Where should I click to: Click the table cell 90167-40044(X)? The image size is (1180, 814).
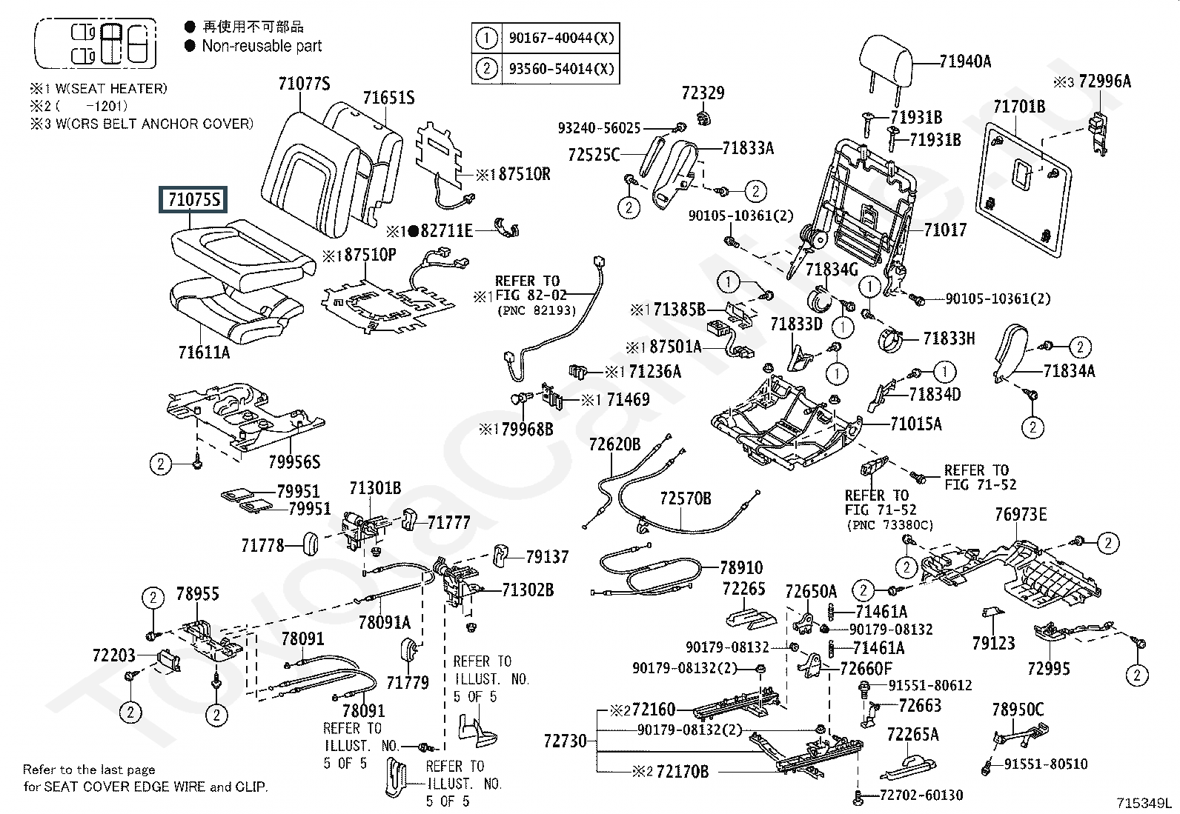tap(561, 38)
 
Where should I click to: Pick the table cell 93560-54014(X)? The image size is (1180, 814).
tap(561, 69)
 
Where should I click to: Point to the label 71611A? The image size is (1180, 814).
tap(204, 353)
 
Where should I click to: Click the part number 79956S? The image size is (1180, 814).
tap(294, 462)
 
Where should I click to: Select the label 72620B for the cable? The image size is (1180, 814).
tap(614, 444)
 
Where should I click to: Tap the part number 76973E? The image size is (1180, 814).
tap(1021, 514)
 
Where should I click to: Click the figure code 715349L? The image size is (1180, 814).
tap(1145, 803)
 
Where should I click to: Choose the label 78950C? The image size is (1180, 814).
tap(1017, 710)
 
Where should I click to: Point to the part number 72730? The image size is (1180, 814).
tap(565, 741)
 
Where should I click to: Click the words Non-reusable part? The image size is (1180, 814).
tap(262, 46)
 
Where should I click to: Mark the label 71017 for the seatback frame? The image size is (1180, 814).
tap(945, 230)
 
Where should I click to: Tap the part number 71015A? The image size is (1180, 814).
tap(915, 424)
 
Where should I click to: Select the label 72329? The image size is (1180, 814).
tap(703, 93)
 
